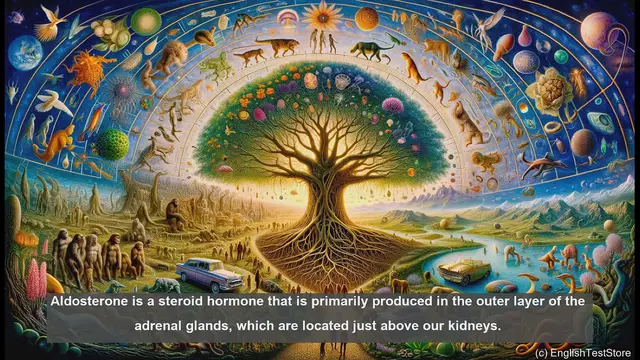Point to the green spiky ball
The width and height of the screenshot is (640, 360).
tap(112, 144)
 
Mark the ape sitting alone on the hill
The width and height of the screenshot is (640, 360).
tap(173, 213)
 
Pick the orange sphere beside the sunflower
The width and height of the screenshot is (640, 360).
tap(367, 18)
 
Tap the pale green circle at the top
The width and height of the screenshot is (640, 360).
tap(147, 20)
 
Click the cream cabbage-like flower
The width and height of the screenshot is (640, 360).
tap(548, 90)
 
